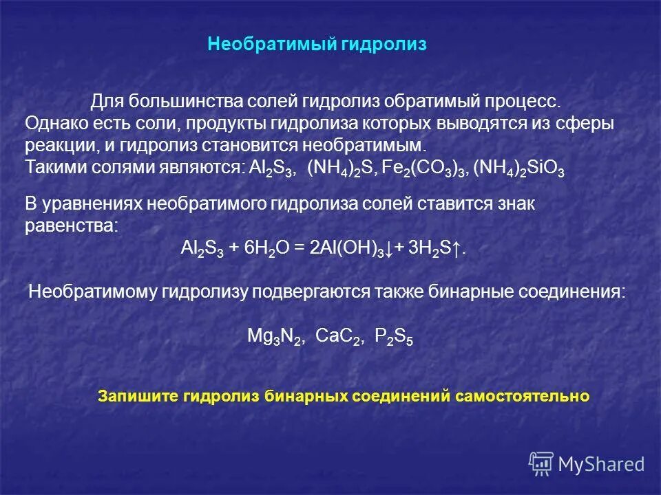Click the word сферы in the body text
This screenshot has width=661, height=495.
click(590, 124)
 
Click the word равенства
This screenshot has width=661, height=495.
click(71, 226)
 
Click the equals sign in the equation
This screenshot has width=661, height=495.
click(300, 249)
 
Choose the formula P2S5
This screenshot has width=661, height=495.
click(394, 336)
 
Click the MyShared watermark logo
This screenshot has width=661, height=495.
click(587, 464)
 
